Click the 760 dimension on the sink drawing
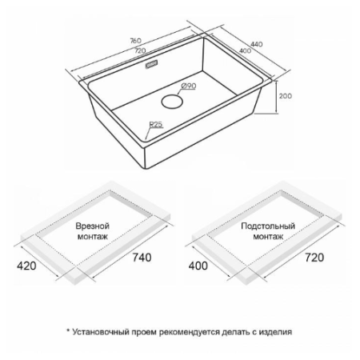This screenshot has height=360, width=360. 135,41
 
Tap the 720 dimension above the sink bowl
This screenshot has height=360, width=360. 140,50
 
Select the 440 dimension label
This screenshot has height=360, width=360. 257,44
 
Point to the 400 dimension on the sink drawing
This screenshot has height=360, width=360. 245,50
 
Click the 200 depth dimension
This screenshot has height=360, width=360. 286,96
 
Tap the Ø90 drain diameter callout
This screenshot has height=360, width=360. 189,86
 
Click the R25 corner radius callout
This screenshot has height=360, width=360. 156,124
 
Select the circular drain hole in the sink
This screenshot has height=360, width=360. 172,102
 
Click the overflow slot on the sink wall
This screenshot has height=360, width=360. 151,64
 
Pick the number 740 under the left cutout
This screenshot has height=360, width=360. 142,258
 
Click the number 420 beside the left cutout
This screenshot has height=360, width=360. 26,266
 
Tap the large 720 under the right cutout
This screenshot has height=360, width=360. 314,258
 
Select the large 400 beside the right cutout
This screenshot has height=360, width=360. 198,266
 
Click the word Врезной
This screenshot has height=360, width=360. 93,226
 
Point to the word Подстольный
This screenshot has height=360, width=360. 268,226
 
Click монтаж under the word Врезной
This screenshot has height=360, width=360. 93,236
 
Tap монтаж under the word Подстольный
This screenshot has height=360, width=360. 268,236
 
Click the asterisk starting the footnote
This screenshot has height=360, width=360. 68,330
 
